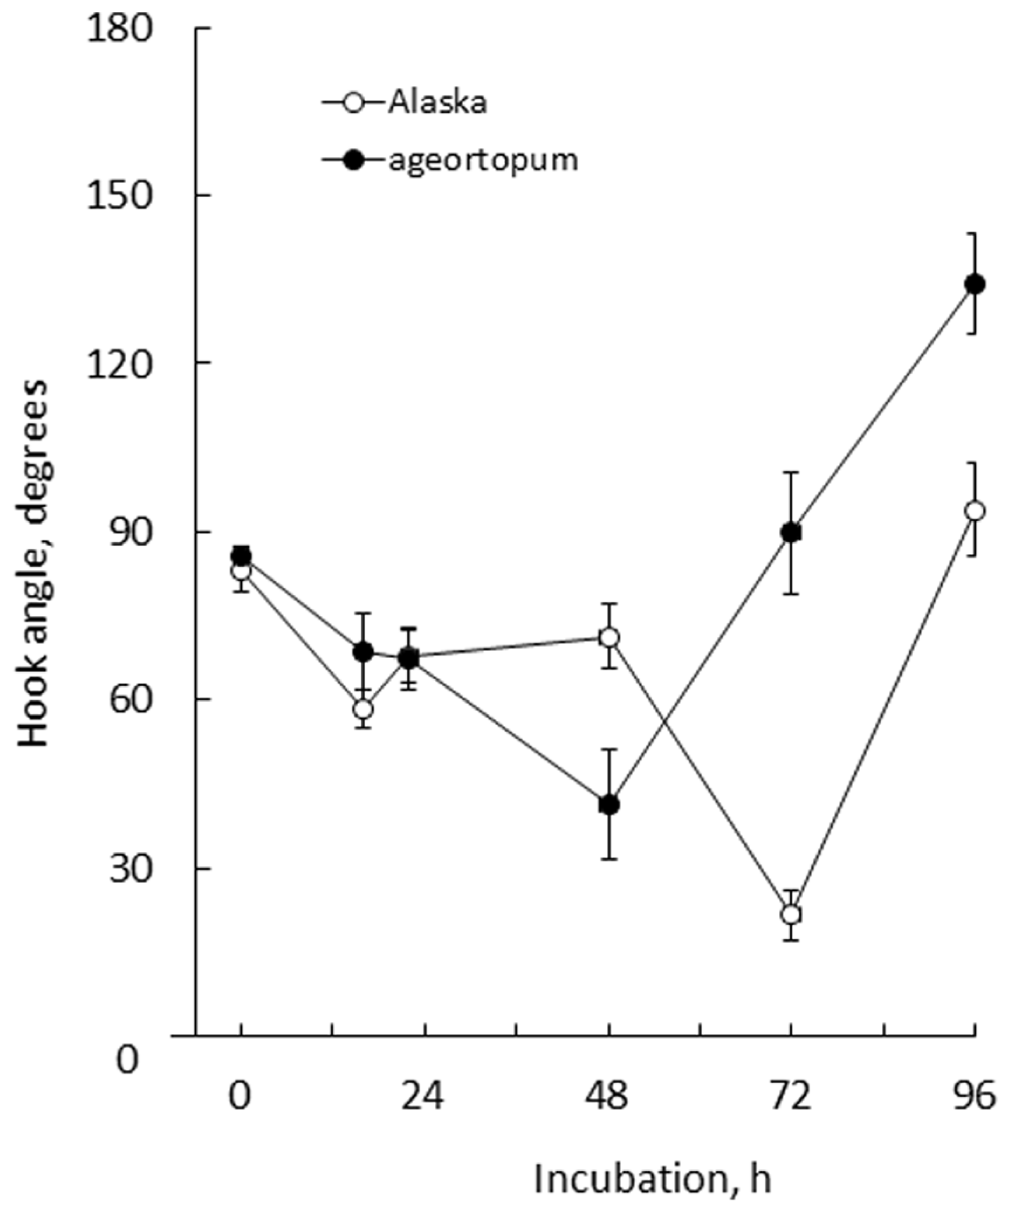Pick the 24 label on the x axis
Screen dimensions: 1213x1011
coord(423,1096)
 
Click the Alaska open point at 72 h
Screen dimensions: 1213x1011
coord(791,915)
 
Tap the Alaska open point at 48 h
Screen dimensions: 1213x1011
coord(609,638)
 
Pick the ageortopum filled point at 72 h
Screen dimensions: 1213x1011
coord(791,533)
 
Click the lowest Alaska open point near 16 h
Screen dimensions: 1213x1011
coord(363,709)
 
